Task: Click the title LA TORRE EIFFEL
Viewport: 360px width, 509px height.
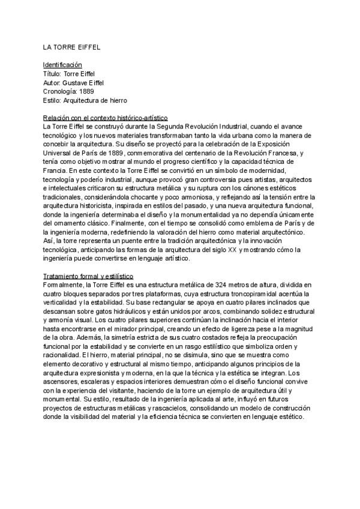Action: click(x=67, y=47)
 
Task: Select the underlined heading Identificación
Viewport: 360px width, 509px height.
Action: click(x=62, y=64)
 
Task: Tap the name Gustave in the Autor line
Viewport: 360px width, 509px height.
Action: click(x=75, y=82)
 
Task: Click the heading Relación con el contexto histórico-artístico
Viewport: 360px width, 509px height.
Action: click(x=105, y=118)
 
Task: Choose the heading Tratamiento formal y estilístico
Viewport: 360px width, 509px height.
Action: click(x=88, y=276)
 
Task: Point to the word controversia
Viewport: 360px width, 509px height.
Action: click(x=209, y=180)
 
